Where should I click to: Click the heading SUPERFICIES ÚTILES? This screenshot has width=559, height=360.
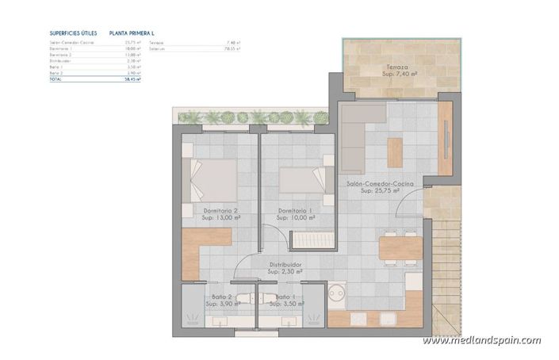point(73,34)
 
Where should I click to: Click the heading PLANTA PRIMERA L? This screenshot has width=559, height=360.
point(132,34)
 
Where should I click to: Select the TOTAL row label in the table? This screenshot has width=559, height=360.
point(55,80)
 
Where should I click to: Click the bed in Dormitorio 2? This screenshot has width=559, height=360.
point(210,180)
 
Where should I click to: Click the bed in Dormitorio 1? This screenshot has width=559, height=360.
point(303,178)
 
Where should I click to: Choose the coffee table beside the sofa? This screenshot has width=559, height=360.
point(396,148)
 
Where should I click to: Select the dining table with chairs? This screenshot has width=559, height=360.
point(400,247)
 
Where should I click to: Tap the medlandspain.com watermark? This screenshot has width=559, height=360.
point(481,341)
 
